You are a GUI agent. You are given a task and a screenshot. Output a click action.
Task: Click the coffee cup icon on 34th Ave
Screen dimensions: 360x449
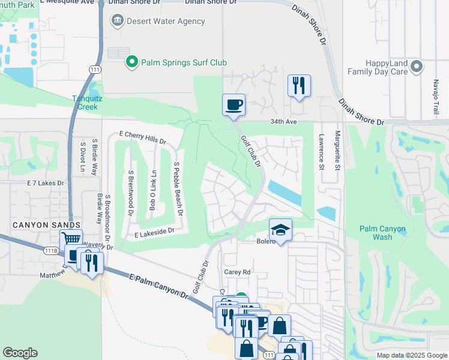(x=234, y=104)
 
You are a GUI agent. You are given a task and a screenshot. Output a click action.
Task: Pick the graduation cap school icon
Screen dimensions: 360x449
(x=280, y=230)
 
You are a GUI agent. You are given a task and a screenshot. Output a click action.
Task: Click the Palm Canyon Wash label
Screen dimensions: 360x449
(x=382, y=233)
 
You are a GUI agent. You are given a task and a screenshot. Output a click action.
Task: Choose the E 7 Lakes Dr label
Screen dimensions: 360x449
(x=45, y=182)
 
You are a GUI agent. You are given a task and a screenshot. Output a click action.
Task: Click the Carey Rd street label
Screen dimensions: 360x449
(x=237, y=272)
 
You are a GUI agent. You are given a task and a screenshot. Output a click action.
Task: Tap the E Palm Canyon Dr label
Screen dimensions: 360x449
(x=158, y=283)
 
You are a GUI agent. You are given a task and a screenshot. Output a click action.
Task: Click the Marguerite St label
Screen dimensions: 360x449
(x=337, y=150)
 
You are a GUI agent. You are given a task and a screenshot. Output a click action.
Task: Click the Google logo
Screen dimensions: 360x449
(x=20, y=353)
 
